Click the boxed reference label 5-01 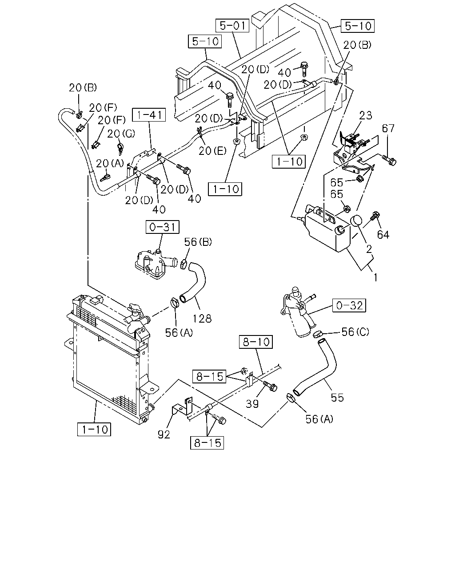point(232,26)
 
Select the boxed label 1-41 point(149,114)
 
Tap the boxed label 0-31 point(162,227)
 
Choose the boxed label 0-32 point(349,305)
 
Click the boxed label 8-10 point(255,342)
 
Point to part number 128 point(202,319)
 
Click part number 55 point(337,398)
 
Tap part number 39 point(252,403)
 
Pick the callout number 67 point(388,129)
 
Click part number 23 point(366,115)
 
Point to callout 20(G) point(121,134)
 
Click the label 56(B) point(198,242)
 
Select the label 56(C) point(355,332)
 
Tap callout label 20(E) point(212,151)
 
